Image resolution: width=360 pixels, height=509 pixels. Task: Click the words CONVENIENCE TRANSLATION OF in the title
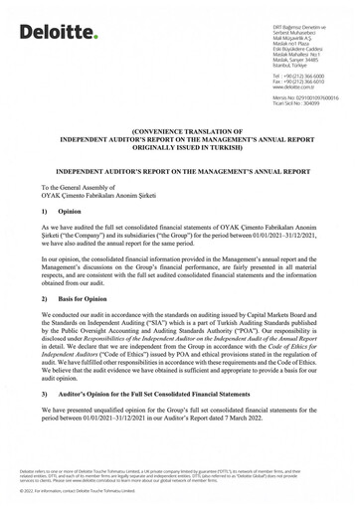179,129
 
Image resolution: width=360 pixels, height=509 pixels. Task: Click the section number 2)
46,298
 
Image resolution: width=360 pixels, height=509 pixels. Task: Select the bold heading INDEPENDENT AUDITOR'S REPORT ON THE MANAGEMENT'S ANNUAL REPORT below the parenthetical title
179,169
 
